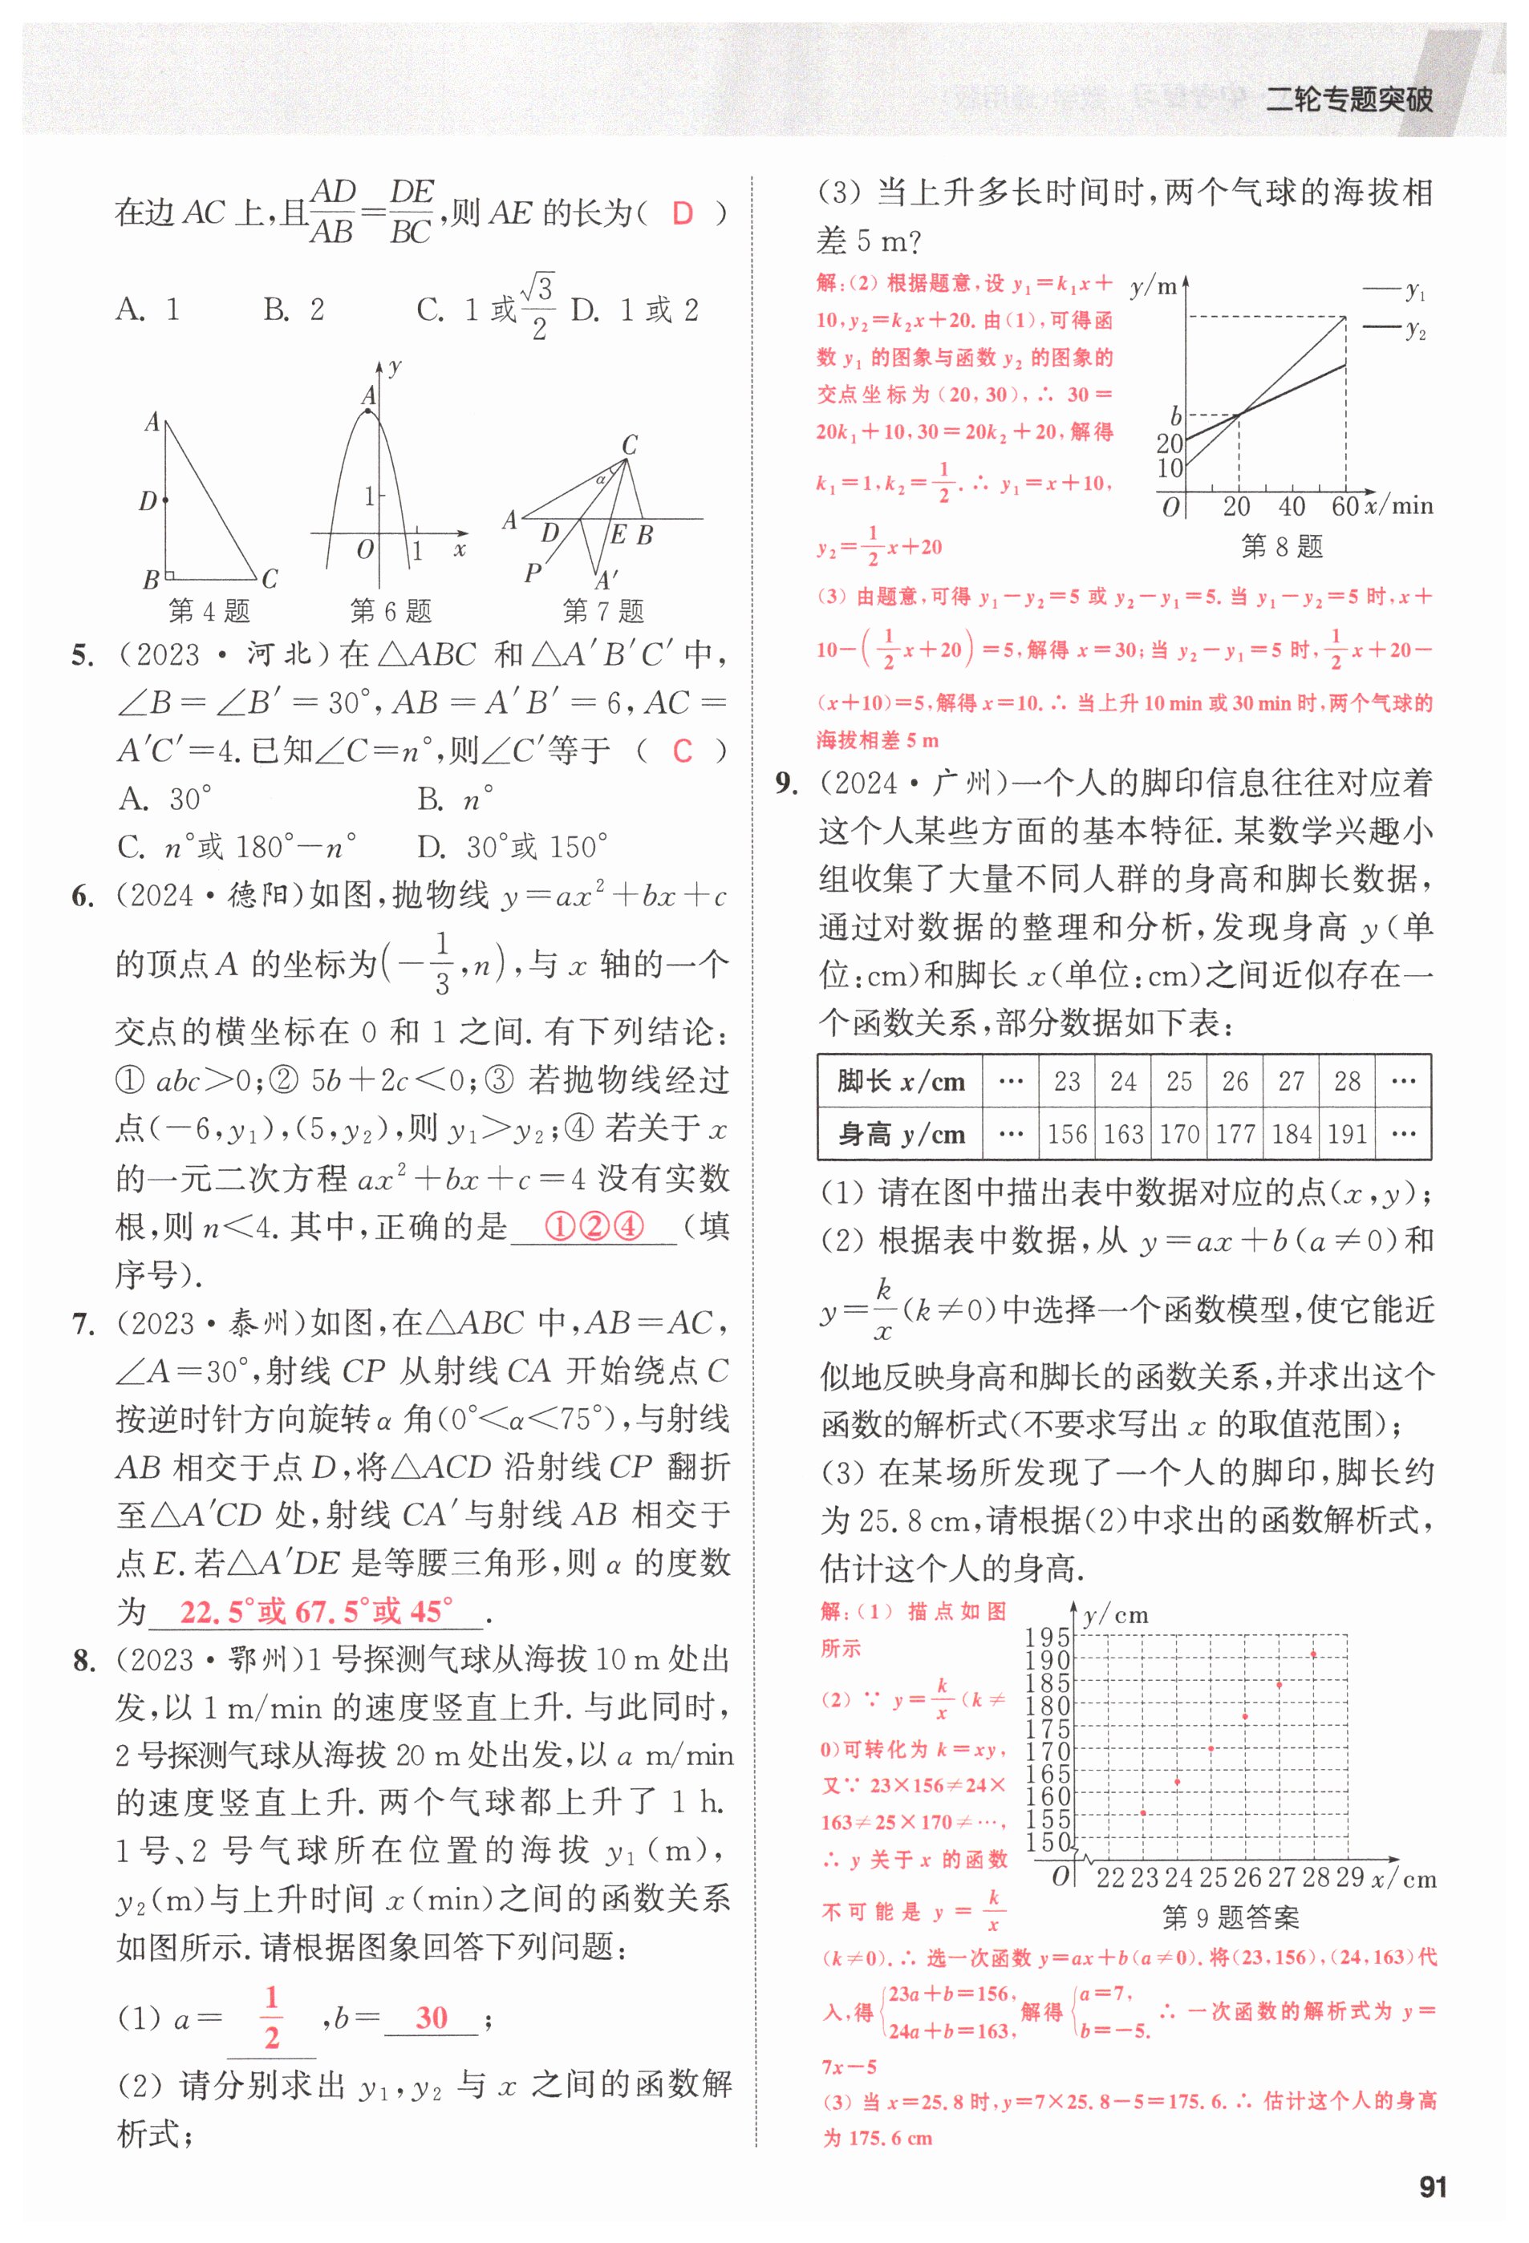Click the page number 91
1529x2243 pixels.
tap(1433, 2186)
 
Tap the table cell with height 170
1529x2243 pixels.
tap(1178, 1134)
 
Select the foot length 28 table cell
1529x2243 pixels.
tap(1347, 1081)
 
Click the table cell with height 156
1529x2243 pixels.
tap(1067, 1134)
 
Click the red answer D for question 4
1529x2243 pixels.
tap(683, 213)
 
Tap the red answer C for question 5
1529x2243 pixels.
tap(683, 751)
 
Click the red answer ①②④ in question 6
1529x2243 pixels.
tap(594, 1227)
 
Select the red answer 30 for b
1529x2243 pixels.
tap(432, 2017)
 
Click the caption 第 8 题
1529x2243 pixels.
tap(1281, 547)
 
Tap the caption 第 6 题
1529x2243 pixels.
tap(390, 611)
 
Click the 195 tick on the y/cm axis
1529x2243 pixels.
tap(1048, 1638)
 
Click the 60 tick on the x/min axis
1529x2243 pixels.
tap(1344, 506)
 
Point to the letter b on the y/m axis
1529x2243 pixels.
tap(1174, 416)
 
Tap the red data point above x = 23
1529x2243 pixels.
tap(1144, 1812)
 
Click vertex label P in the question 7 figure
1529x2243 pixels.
tap(532, 573)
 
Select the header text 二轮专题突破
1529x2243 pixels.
tap(1349, 99)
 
